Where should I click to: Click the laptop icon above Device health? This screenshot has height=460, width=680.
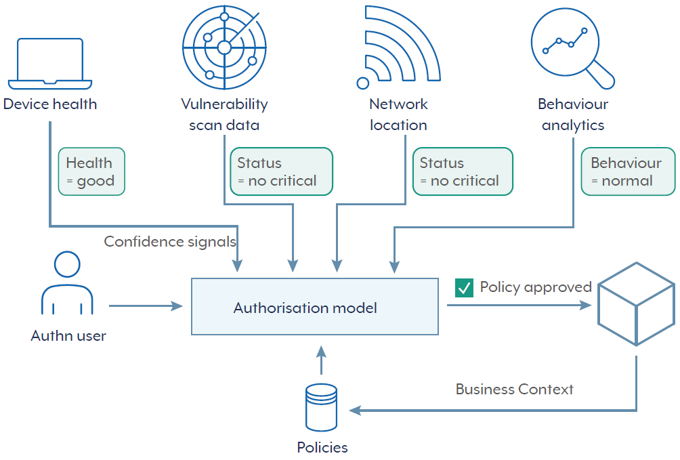tap(50, 63)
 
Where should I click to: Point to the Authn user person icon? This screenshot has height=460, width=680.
tap(67, 285)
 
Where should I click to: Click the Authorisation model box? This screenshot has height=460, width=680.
tap(314, 307)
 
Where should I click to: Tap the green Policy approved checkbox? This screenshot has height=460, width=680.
tap(464, 288)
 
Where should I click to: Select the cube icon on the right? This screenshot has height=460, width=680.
tap(635, 303)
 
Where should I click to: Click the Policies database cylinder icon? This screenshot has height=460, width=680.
tap(321, 407)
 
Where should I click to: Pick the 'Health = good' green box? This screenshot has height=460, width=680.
tap(91, 171)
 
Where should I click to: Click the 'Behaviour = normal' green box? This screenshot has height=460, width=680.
tap(628, 171)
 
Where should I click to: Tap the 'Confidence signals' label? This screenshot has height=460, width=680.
tap(170, 241)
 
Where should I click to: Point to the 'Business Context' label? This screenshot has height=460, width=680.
tap(514, 390)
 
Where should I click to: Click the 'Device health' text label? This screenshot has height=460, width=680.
tap(50, 104)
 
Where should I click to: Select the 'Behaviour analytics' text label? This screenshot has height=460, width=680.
tap(573, 114)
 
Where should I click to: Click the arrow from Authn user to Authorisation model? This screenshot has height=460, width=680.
tap(146, 306)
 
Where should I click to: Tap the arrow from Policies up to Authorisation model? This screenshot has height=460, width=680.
tap(321, 360)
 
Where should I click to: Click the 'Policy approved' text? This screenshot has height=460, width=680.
tap(536, 287)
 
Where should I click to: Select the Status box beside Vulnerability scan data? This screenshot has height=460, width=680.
tap(281, 171)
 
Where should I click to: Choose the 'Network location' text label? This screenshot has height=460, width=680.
tap(398, 114)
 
